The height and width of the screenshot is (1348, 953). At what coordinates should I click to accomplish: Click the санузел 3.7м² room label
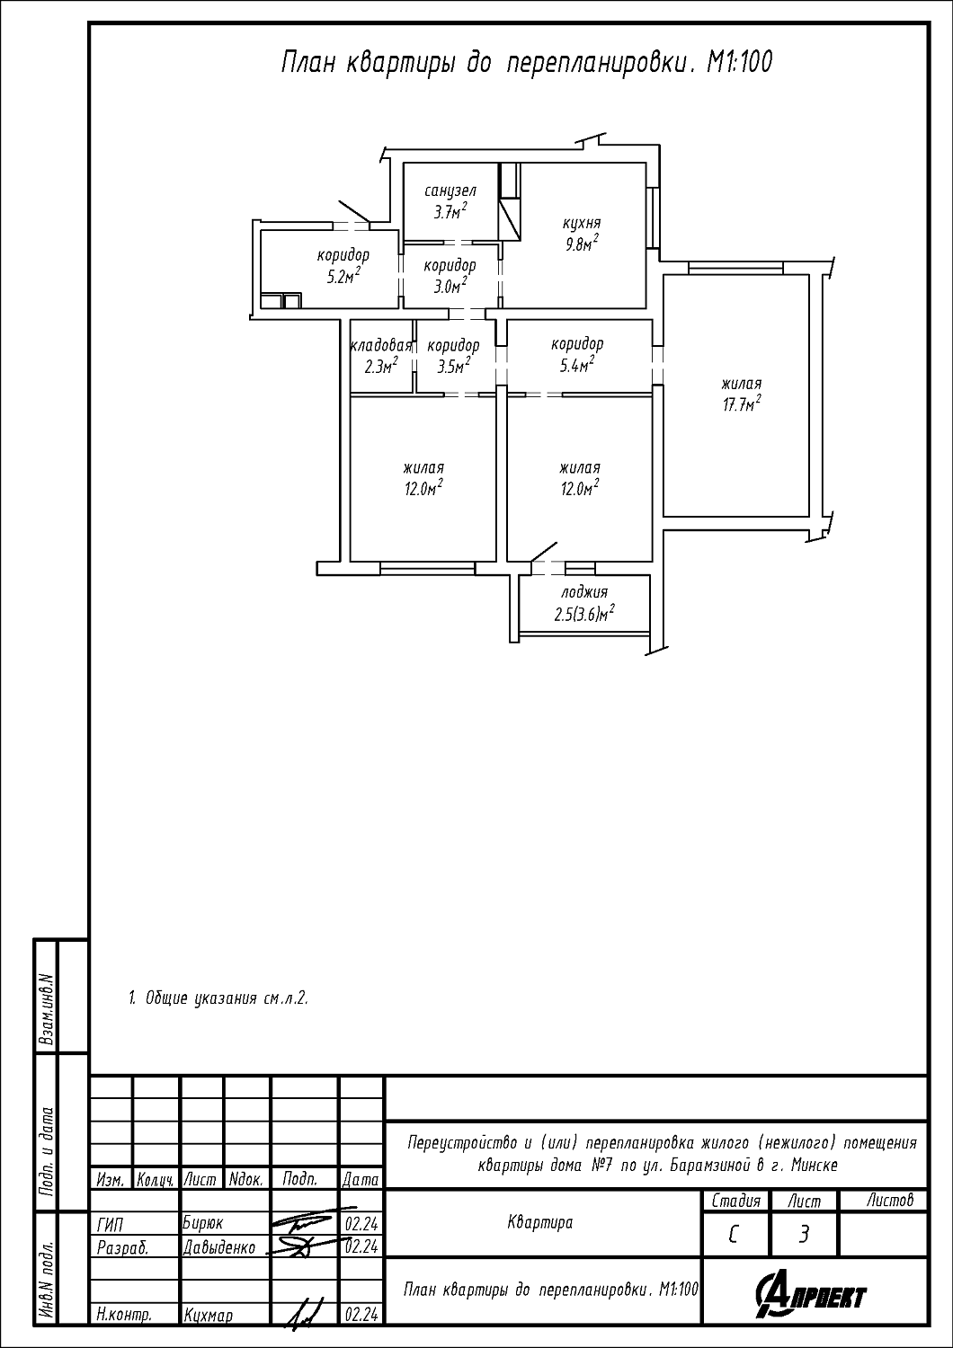click(450, 201)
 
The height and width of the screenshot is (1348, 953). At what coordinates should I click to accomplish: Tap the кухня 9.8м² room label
click(581, 234)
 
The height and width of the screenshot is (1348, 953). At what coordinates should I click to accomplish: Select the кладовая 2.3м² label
click(381, 356)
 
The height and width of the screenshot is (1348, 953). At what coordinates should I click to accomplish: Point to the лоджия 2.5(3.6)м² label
click(584, 603)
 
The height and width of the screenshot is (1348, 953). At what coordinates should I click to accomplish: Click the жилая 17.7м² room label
click(742, 395)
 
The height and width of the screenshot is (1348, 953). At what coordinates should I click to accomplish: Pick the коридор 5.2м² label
click(343, 265)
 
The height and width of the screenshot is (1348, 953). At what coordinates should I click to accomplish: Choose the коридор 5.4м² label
click(576, 354)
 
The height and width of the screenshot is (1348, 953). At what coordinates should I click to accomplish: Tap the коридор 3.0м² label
click(450, 275)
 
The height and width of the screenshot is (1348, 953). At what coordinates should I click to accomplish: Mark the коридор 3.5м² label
click(453, 356)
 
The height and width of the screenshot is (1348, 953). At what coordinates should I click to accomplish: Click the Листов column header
click(890, 1201)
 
